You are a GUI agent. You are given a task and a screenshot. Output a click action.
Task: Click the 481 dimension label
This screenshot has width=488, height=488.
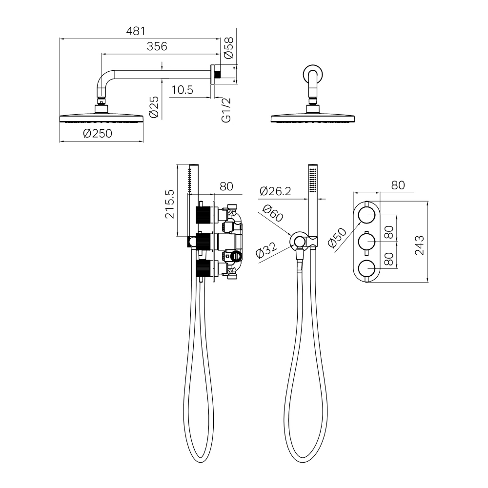[x=136, y=31]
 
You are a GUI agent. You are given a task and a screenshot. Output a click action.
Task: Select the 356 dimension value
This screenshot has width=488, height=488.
[x=157, y=46]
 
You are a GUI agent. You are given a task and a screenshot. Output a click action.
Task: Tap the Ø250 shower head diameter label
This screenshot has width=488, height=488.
[x=98, y=134]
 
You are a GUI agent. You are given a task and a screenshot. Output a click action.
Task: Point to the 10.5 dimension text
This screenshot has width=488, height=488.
[x=182, y=90]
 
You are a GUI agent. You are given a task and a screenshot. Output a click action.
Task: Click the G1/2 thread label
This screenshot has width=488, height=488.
[x=226, y=110]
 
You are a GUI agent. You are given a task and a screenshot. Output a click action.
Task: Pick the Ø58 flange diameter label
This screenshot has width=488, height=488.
[x=228, y=48]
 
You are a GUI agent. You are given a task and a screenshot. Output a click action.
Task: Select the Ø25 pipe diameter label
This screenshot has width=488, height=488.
[x=154, y=107]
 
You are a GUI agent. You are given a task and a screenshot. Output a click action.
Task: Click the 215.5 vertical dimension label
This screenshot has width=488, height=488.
[x=170, y=204]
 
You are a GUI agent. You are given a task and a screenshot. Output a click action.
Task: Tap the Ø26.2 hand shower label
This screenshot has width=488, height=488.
[x=275, y=191]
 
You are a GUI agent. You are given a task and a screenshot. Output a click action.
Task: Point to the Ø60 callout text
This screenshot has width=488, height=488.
[x=273, y=214]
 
